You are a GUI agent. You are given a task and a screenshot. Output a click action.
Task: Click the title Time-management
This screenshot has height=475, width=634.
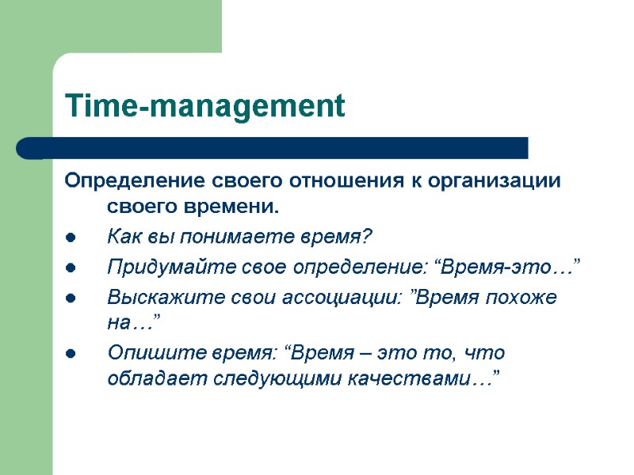click(x=204, y=106)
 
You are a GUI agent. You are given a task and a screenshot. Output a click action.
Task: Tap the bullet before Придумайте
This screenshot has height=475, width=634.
click(x=71, y=268)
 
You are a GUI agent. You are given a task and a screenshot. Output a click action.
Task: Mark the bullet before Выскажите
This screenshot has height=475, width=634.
click(x=71, y=298)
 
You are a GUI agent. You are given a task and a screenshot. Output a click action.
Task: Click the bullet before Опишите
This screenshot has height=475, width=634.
click(x=71, y=354)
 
